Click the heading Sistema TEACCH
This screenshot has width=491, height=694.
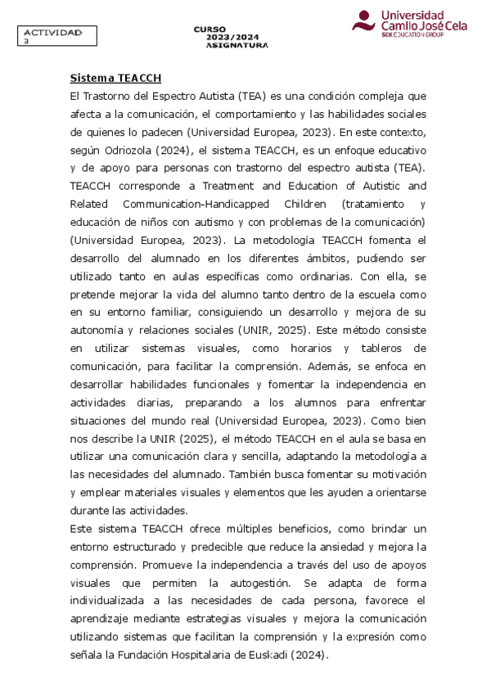(x=115, y=78)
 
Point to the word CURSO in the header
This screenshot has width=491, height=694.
(x=210, y=29)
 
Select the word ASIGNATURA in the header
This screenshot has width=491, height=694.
(x=237, y=46)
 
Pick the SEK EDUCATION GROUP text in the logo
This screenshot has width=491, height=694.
(x=413, y=36)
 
